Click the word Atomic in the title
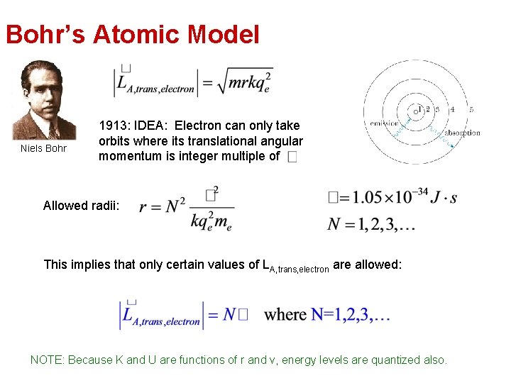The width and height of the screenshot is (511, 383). click(x=131, y=34)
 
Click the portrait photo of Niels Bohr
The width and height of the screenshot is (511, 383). click(x=45, y=100)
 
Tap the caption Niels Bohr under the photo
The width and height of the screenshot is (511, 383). click(x=44, y=148)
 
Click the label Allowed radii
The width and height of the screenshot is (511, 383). click(x=81, y=206)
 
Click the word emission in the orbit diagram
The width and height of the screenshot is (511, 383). click(x=384, y=123)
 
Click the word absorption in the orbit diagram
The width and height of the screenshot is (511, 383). click(x=462, y=133)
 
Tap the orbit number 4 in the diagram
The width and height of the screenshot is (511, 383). click(x=452, y=109)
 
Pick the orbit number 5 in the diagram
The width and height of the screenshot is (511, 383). click(x=471, y=109)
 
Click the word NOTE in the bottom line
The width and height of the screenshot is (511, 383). click(x=46, y=360)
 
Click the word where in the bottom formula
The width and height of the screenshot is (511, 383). click(x=285, y=314)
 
